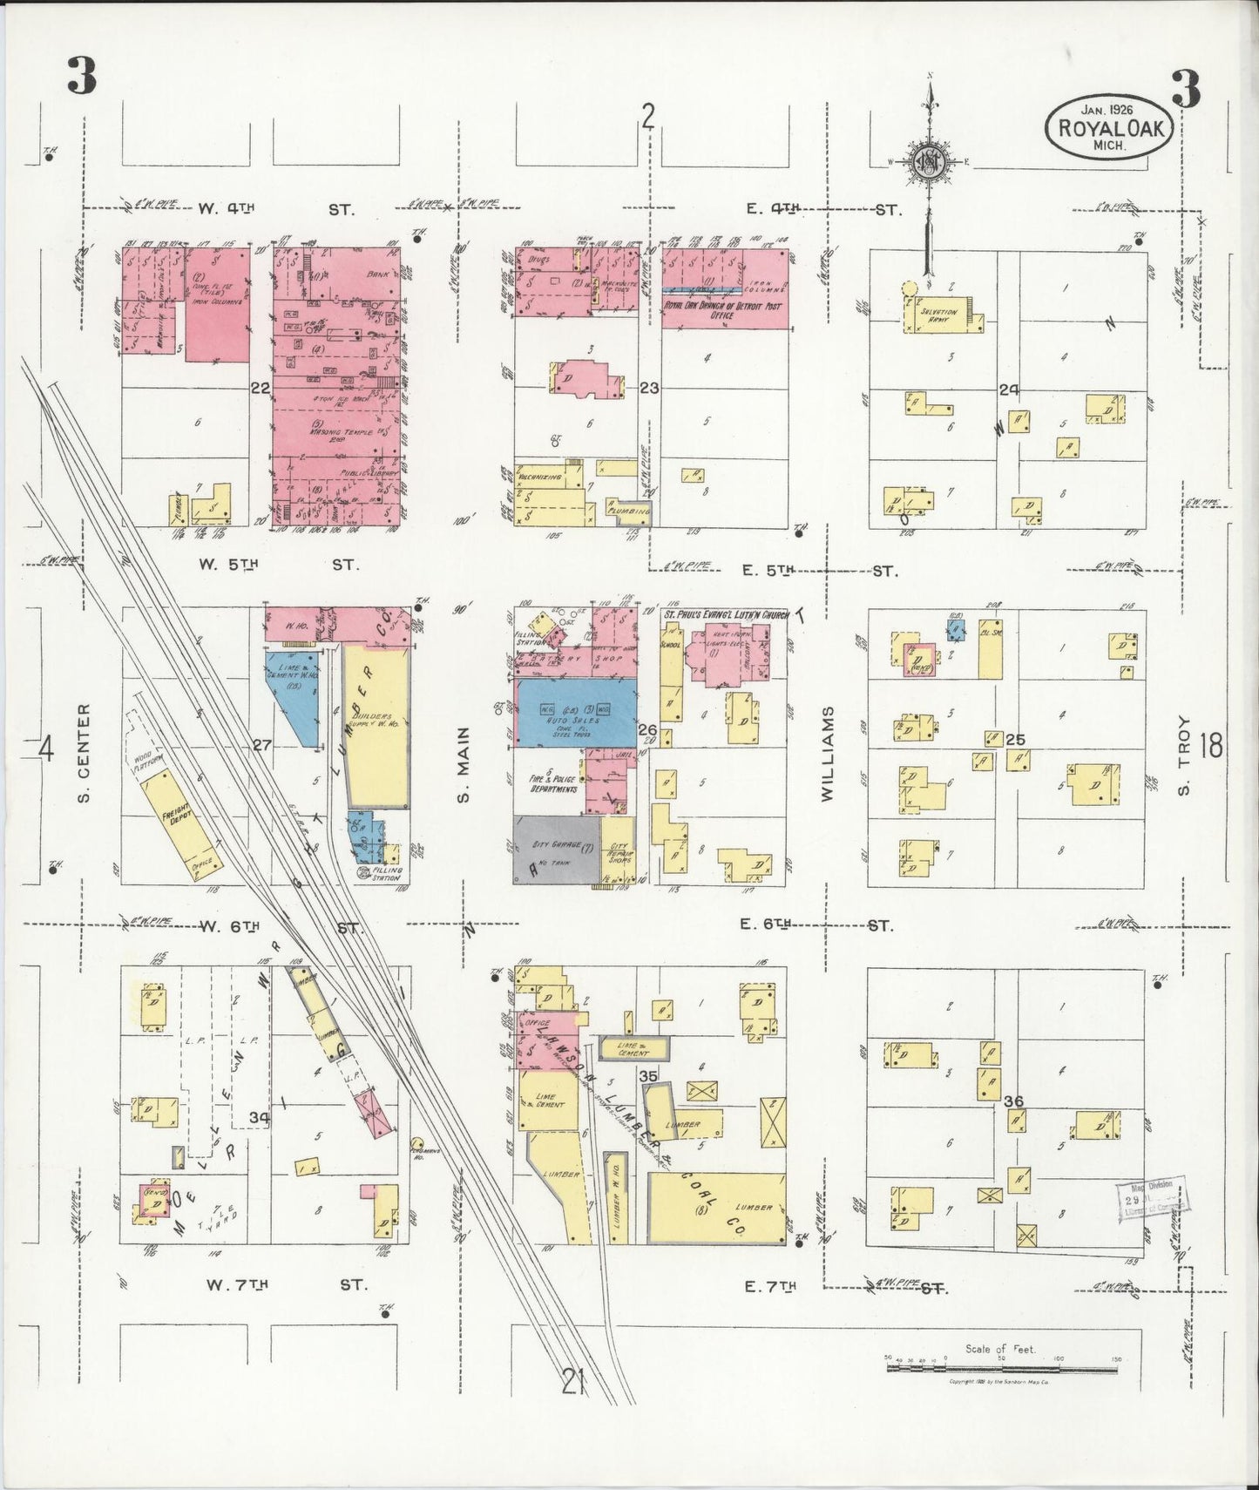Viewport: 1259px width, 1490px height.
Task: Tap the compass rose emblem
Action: coord(929,160)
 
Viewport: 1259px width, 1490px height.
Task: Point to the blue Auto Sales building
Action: coord(575,712)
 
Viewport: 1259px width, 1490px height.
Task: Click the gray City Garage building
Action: coord(556,850)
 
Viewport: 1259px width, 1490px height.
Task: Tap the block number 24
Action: coord(1009,389)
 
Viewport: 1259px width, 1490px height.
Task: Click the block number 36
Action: coord(1012,1101)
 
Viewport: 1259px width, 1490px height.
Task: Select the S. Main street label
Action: coord(464,765)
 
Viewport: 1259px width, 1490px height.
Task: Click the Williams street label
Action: coord(827,754)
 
